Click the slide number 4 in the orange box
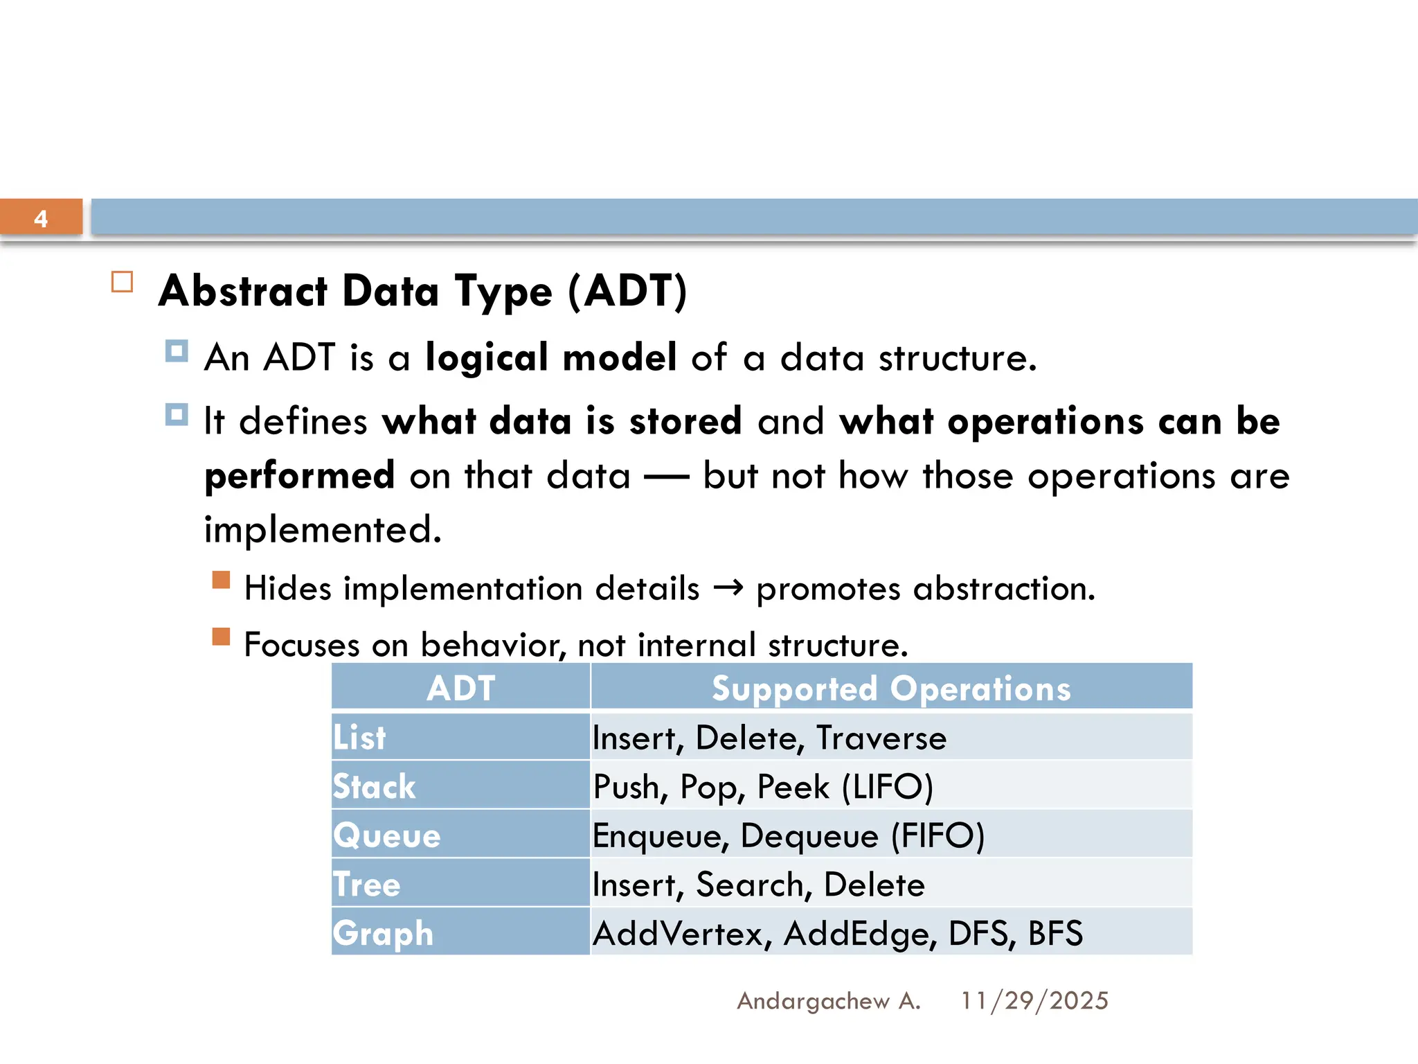[41, 219]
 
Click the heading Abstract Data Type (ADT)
[422, 291]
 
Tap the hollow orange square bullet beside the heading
[122, 282]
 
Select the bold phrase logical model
[550, 357]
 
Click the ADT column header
[460, 688]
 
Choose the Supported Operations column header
[891, 688]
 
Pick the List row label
[359, 737]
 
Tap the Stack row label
[374, 786]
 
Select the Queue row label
[386, 835]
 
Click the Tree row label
[366, 885]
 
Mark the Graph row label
[383, 934]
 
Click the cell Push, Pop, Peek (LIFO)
[763, 787]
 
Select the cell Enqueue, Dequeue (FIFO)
[788, 835]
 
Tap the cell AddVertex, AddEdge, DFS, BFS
[838, 934]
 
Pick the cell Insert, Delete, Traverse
[769, 738]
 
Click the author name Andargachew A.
[828, 1001]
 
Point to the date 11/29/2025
[1034, 1001]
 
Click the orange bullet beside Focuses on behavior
[221, 636]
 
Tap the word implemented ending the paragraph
[322, 531]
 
